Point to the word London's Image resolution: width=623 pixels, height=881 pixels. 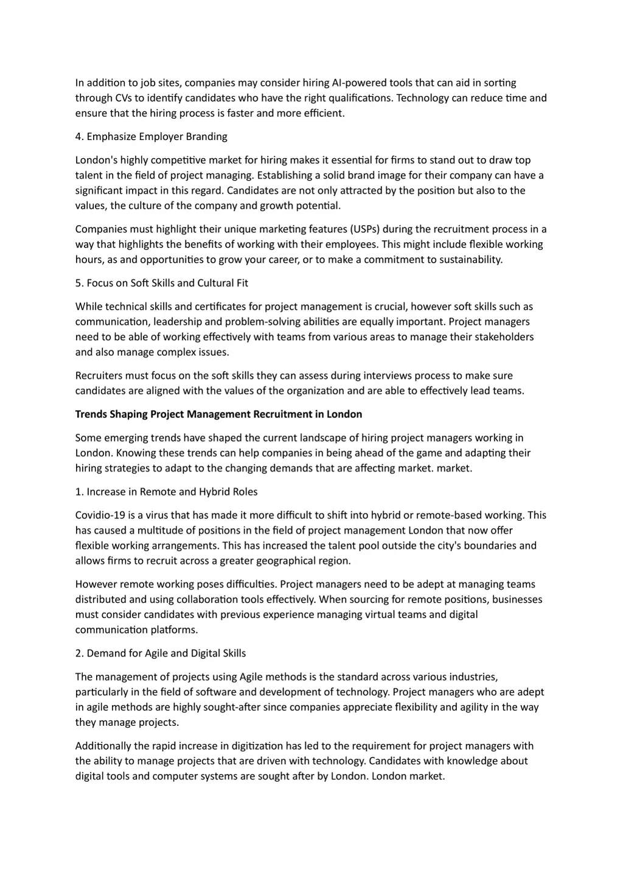tap(96, 161)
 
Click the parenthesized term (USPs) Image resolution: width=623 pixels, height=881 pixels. tap(365, 229)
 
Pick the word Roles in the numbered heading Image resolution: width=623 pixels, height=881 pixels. tap(244, 492)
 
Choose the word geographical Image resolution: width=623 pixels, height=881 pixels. tap(285, 561)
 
